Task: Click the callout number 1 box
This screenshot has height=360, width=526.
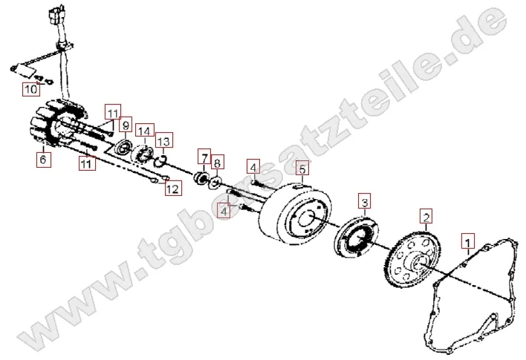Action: click(467, 241)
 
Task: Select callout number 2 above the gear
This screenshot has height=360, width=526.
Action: click(426, 217)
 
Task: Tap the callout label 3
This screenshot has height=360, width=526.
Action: click(363, 200)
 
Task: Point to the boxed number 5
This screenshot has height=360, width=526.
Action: click(302, 169)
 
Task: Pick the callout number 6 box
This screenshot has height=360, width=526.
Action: click(42, 159)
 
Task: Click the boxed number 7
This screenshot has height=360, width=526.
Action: click(203, 158)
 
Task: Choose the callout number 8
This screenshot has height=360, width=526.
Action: click(217, 163)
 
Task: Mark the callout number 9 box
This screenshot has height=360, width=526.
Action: click(126, 125)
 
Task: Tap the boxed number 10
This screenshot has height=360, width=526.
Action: click(30, 90)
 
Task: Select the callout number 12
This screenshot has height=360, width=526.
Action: click(172, 189)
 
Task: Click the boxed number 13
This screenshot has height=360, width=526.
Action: click(163, 141)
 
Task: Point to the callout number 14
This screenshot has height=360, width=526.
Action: click(144, 131)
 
